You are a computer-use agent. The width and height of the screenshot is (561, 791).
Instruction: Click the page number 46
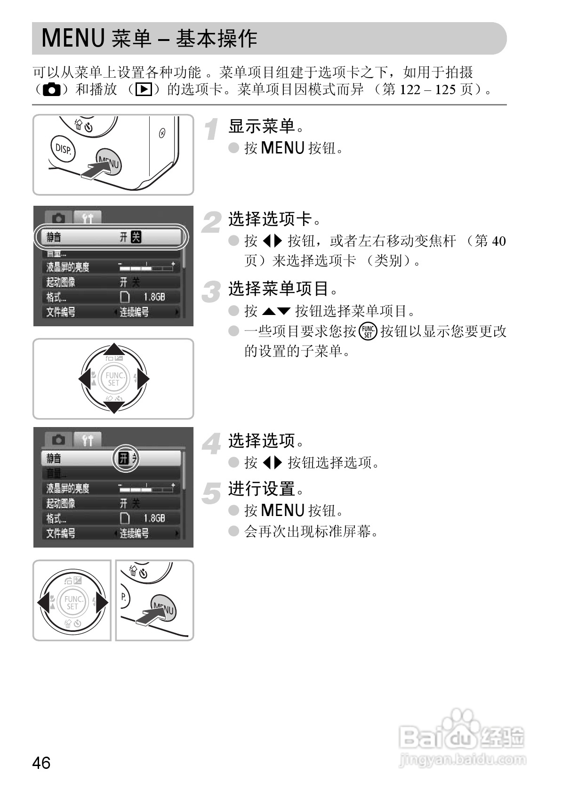pyautogui.click(x=41, y=762)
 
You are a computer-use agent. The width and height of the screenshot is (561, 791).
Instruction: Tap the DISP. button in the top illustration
pyautogui.click(x=63, y=149)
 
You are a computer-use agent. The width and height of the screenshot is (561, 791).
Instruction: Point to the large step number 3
pyautogui.click(x=212, y=291)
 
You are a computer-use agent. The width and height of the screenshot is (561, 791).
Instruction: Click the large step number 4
pyautogui.click(x=212, y=444)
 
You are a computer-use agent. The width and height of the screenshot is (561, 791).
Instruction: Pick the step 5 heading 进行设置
pyautogui.click(x=262, y=489)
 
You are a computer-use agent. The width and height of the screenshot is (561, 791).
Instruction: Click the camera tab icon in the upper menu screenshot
pyautogui.click(x=59, y=218)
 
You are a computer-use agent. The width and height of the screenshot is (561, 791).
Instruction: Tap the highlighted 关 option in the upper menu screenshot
pyautogui.click(x=136, y=237)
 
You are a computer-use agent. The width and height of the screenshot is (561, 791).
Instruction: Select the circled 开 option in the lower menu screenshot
pyautogui.click(x=124, y=458)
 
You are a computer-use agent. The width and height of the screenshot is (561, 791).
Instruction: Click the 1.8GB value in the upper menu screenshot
pyautogui.click(x=154, y=297)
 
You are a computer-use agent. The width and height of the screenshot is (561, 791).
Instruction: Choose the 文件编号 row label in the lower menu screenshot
pyautogui.click(x=61, y=533)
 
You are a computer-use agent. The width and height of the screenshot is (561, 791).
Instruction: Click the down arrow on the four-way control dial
pyautogui.click(x=113, y=407)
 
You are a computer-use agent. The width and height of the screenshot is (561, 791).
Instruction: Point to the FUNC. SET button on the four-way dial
pyautogui.click(x=113, y=379)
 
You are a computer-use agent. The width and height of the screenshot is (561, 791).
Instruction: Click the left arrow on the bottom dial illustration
pyautogui.click(x=44, y=603)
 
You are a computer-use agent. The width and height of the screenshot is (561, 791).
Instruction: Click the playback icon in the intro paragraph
pyautogui.click(x=143, y=89)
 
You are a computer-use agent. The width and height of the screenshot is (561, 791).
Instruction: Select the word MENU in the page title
pyautogui.click(x=73, y=39)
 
